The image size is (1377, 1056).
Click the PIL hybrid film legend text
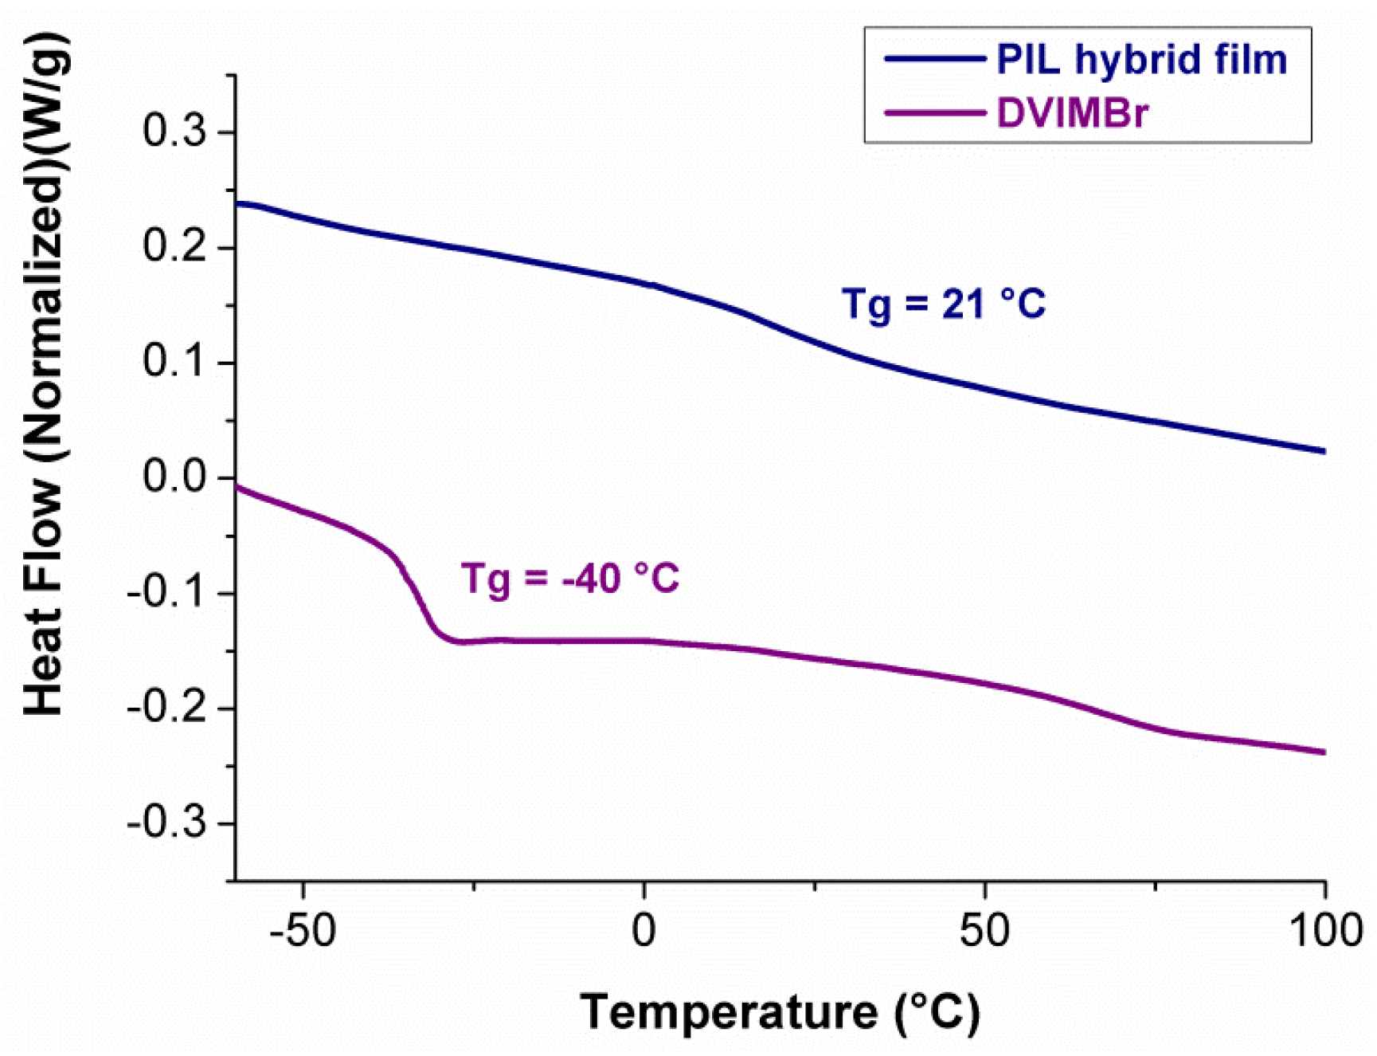[1140, 60]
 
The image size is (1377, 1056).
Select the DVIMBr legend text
[1072, 113]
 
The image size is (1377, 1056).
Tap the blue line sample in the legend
[933, 59]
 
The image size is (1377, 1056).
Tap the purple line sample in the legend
[933, 113]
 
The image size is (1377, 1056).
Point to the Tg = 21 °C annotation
[943, 304]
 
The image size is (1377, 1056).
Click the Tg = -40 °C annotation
[570, 578]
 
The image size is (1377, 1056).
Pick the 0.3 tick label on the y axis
[174, 131]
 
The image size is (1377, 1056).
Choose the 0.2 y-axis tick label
[174, 246]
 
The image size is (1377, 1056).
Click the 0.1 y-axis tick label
[174, 362]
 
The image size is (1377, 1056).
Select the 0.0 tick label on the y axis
[174, 477]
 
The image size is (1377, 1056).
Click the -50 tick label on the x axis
[303, 930]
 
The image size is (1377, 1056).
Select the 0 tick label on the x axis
[644, 930]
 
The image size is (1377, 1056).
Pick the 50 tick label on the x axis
[984, 930]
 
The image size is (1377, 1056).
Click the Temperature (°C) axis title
[780, 1012]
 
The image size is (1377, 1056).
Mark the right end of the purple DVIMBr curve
[1323, 752]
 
